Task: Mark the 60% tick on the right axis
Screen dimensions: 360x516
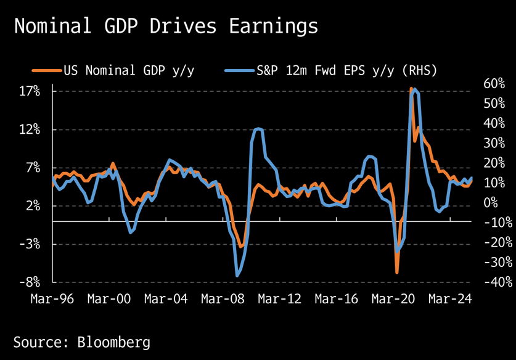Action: tap(494, 84)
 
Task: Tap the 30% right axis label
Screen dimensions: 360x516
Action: tap(494, 143)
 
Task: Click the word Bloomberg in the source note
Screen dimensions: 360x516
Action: tap(113, 342)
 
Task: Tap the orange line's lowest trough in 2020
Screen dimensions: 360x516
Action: tap(397, 272)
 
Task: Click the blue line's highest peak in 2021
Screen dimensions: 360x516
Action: tap(414, 90)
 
